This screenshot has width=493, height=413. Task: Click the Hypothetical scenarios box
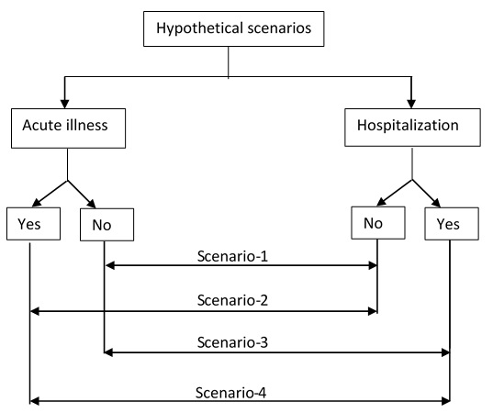tap(233, 29)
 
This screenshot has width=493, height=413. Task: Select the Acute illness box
tap(68, 128)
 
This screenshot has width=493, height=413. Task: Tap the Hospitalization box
tap(412, 128)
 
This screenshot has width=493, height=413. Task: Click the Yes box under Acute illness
tap(33, 224)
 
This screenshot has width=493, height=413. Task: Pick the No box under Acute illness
tap(106, 225)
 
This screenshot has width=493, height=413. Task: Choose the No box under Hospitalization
tap(378, 223)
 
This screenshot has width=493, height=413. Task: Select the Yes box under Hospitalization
tap(452, 224)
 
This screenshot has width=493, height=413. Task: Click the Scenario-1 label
tap(232, 256)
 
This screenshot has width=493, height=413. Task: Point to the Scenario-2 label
tap(232, 300)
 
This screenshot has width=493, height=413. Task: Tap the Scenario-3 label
tap(232, 342)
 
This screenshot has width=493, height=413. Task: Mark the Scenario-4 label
tap(230, 393)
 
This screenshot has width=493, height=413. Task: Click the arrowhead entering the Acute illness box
tap(65, 105)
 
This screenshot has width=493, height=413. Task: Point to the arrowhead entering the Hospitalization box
tap(411, 105)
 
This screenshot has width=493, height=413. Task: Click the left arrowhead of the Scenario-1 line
tap(110, 265)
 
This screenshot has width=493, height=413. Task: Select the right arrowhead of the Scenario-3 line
tap(445, 352)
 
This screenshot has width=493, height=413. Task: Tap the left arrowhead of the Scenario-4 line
tap(34, 401)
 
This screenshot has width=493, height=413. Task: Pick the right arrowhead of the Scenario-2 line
tap(373, 311)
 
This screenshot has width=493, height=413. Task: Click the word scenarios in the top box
tap(279, 28)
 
